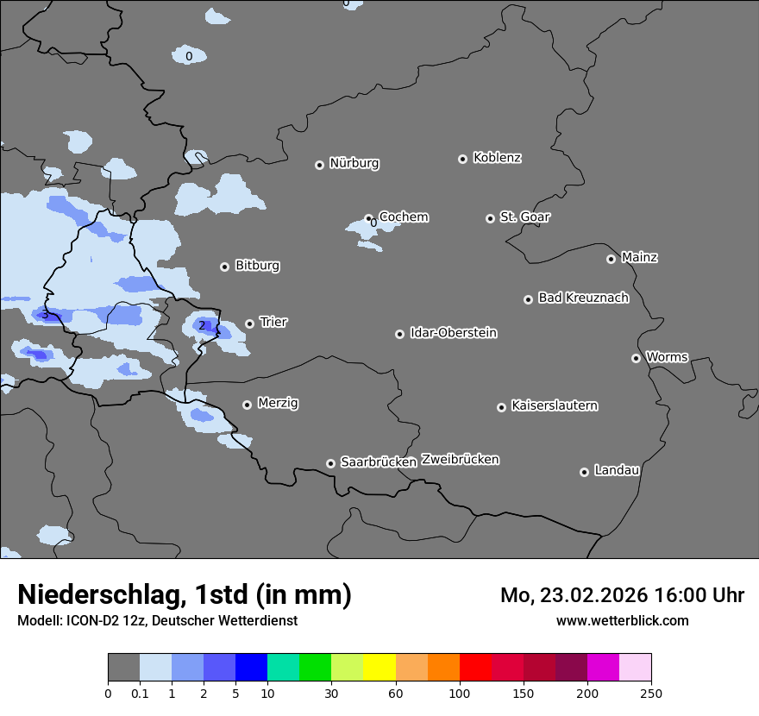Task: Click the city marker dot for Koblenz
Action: [x=462, y=159]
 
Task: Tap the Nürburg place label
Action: [x=354, y=163]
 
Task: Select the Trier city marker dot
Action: [x=250, y=323]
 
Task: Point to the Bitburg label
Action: [x=257, y=266]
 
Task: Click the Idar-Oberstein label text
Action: [x=453, y=333]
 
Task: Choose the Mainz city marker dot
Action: [x=611, y=259]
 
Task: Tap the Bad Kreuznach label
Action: [x=583, y=298]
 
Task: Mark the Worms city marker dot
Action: [x=636, y=358]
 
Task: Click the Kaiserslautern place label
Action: [x=554, y=405]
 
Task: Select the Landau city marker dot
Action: [x=584, y=472]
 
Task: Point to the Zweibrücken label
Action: [x=460, y=460]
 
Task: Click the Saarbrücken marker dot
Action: [x=330, y=463]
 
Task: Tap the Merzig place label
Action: [x=278, y=403]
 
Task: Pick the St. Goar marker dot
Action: [x=490, y=218]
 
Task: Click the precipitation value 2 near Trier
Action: [x=202, y=325]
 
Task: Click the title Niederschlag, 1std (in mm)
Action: [x=185, y=594]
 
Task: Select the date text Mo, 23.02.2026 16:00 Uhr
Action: [x=622, y=595]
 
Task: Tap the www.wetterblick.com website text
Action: [x=622, y=620]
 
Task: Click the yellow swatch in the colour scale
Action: [x=379, y=668]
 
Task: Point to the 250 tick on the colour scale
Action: [x=651, y=693]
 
